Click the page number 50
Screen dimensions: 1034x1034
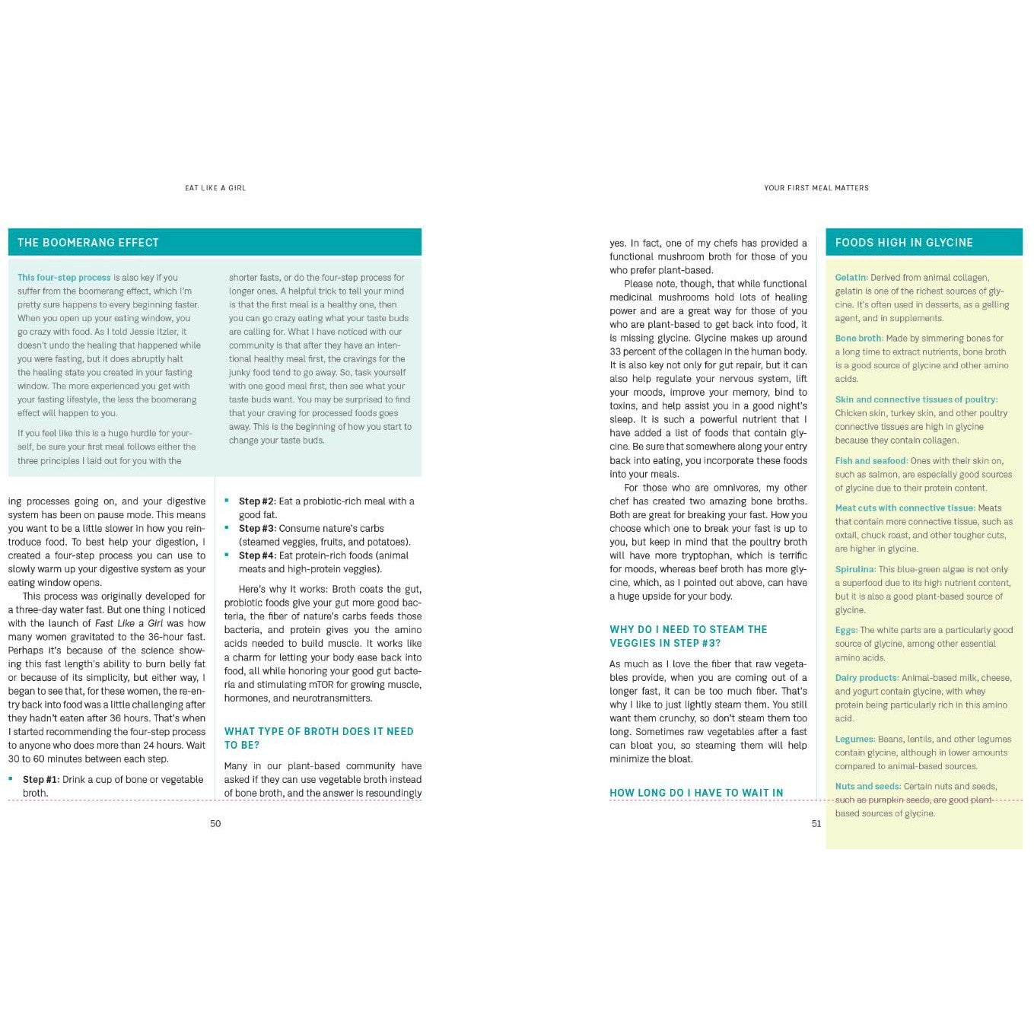pyautogui.click(x=215, y=823)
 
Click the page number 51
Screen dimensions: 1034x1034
pyautogui.click(x=816, y=823)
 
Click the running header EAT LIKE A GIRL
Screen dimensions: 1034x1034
pyautogui.click(x=215, y=188)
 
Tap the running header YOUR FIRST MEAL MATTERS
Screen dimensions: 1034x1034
pyautogui.click(x=816, y=188)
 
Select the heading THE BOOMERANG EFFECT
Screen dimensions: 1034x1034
pyautogui.click(x=88, y=243)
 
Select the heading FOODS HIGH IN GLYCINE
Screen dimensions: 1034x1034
pyautogui.click(x=904, y=243)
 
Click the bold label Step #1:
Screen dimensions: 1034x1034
pyautogui.click(x=41, y=779)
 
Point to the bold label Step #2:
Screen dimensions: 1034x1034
pyautogui.click(x=257, y=501)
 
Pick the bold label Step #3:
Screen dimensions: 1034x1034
pyautogui.click(x=257, y=529)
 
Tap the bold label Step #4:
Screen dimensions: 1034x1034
pyautogui.click(x=257, y=555)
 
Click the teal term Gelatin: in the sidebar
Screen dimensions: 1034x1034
pyautogui.click(x=851, y=278)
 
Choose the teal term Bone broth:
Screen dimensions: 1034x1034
pyautogui.click(x=859, y=339)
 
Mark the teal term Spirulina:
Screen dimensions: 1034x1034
pyautogui.click(x=855, y=569)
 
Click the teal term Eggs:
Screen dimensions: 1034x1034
pyautogui.click(x=846, y=630)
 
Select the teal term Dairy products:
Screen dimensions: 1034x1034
pyautogui.click(x=867, y=678)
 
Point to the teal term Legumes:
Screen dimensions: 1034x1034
pyautogui.click(x=854, y=739)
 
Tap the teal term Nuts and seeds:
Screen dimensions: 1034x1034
pyautogui.click(x=867, y=787)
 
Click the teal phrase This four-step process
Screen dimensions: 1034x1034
pyautogui.click(x=64, y=278)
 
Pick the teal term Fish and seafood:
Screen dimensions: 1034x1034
pyautogui.click(x=871, y=461)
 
